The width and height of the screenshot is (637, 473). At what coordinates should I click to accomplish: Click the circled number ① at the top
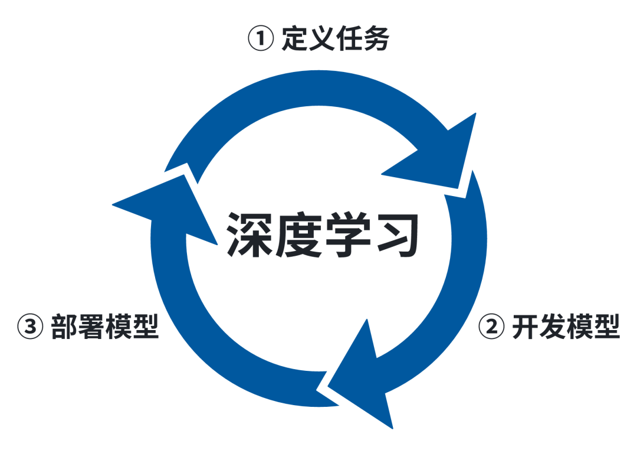coord(261,40)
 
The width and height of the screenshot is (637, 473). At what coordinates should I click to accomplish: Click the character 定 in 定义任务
coord(295,39)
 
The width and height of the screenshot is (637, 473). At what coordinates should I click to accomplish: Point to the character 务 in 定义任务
coord(376,39)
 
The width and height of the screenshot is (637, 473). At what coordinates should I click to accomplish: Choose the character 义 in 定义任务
coord(322,39)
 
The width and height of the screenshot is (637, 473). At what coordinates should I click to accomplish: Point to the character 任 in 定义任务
coord(349,39)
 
